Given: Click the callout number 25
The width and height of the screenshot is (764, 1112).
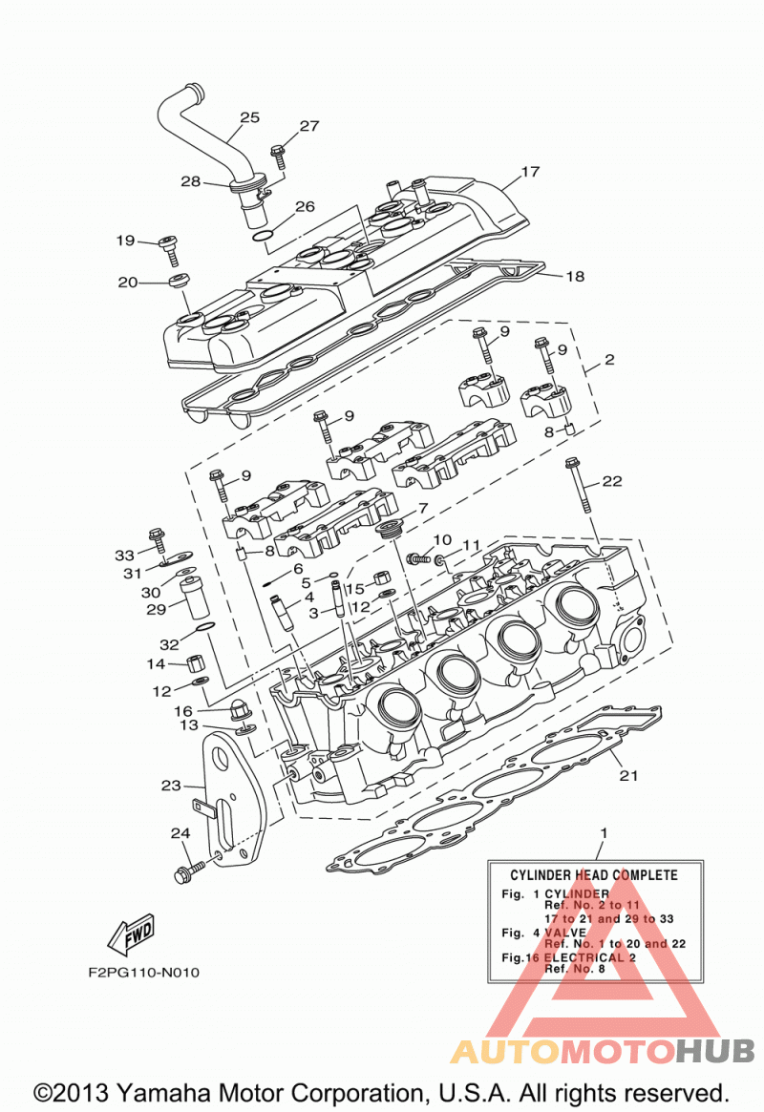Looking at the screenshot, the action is pyautogui.click(x=249, y=117).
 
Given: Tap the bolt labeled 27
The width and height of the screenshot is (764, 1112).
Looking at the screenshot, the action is pyautogui.click(x=278, y=156).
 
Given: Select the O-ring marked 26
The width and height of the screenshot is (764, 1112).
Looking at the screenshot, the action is pyautogui.click(x=263, y=235).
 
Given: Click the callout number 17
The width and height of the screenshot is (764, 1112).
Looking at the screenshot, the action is pyautogui.click(x=530, y=172).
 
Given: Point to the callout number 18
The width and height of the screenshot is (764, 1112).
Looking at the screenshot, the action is pyautogui.click(x=575, y=276).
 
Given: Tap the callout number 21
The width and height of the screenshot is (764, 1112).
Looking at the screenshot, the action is pyautogui.click(x=629, y=776).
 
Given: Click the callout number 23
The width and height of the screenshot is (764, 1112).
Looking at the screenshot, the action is pyautogui.click(x=171, y=785).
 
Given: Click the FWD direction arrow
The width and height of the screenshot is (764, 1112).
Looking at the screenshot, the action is pyautogui.click(x=132, y=934).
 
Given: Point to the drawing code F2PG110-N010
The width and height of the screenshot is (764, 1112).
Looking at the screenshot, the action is pyautogui.click(x=144, y=973).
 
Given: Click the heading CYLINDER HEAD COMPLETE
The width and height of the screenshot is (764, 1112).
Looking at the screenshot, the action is pyautogui.click(x=594, y=875).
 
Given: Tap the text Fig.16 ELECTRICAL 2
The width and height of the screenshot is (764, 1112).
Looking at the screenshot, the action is pyautogui.click(x=568, y=957).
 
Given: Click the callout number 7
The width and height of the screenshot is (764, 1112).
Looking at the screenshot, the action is pyautogui.click(x=423, y=509).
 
